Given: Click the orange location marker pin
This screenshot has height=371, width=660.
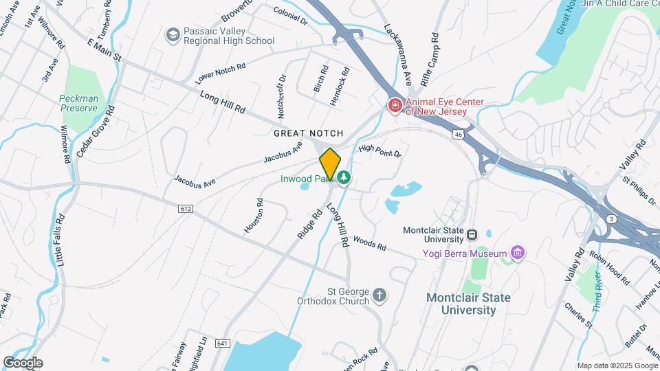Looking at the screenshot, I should click(330, 164).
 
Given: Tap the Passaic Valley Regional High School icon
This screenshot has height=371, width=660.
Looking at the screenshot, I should click(173, 34).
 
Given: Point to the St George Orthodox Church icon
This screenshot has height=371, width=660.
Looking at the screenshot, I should click(379, 297).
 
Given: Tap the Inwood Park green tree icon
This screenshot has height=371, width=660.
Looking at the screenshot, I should click(343, 179).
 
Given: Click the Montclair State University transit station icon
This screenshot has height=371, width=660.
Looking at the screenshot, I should click(472, 234).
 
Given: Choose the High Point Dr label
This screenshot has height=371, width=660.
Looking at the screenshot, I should click(379, 150).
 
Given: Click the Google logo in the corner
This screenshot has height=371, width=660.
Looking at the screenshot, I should click(22, 363).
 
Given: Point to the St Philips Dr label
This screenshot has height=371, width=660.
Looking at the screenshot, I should click(639, 190).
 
